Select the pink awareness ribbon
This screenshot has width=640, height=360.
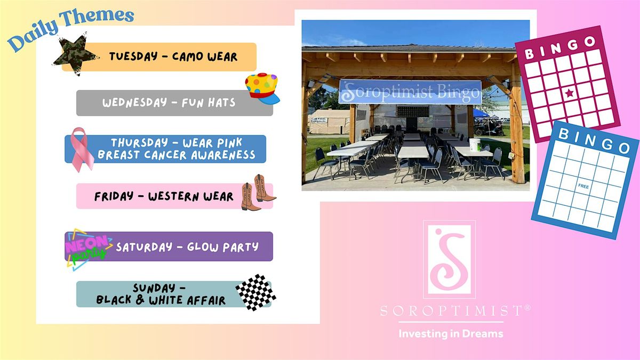click(82, 149)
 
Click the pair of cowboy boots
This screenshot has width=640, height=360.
click(258, 193)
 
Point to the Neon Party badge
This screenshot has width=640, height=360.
click(88, 249)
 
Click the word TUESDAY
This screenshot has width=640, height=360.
click(133, 57)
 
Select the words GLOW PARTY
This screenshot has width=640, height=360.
click(223, 247)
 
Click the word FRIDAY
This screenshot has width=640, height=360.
click(114, 196)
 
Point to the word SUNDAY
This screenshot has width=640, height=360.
click(154, 287)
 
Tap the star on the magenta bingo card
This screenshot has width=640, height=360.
click(570, 93)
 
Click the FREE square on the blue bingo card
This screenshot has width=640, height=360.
click(583, 186)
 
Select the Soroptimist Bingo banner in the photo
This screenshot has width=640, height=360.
click(410, 92)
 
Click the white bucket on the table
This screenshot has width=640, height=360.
click(475, 145)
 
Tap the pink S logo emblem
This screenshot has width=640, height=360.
click(450, 259)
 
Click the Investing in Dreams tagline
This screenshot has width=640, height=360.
click(451, 334)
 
